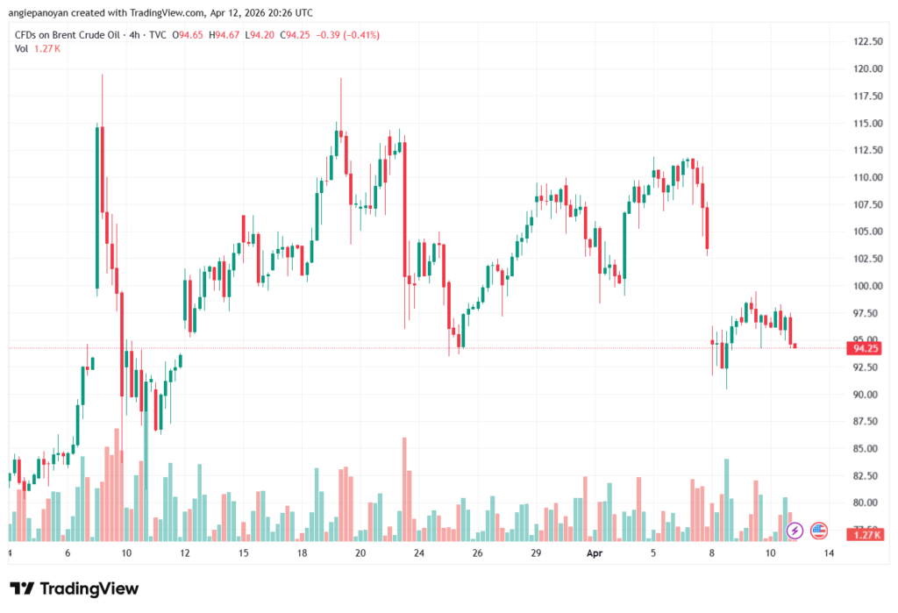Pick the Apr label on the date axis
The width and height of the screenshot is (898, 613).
[x=595, y=554]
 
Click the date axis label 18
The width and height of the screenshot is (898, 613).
[x=302, y=554]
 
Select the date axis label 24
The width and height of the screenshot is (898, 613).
[x=419, y=554]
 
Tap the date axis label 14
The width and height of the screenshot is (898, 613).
[x=829, y=554]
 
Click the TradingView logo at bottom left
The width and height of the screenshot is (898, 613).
[x=74, y=588]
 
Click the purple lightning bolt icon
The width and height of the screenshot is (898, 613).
[x=795, y=530]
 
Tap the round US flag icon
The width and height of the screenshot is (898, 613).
[x=820, y=530]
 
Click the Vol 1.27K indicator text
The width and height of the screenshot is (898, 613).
[x=37, y=49]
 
